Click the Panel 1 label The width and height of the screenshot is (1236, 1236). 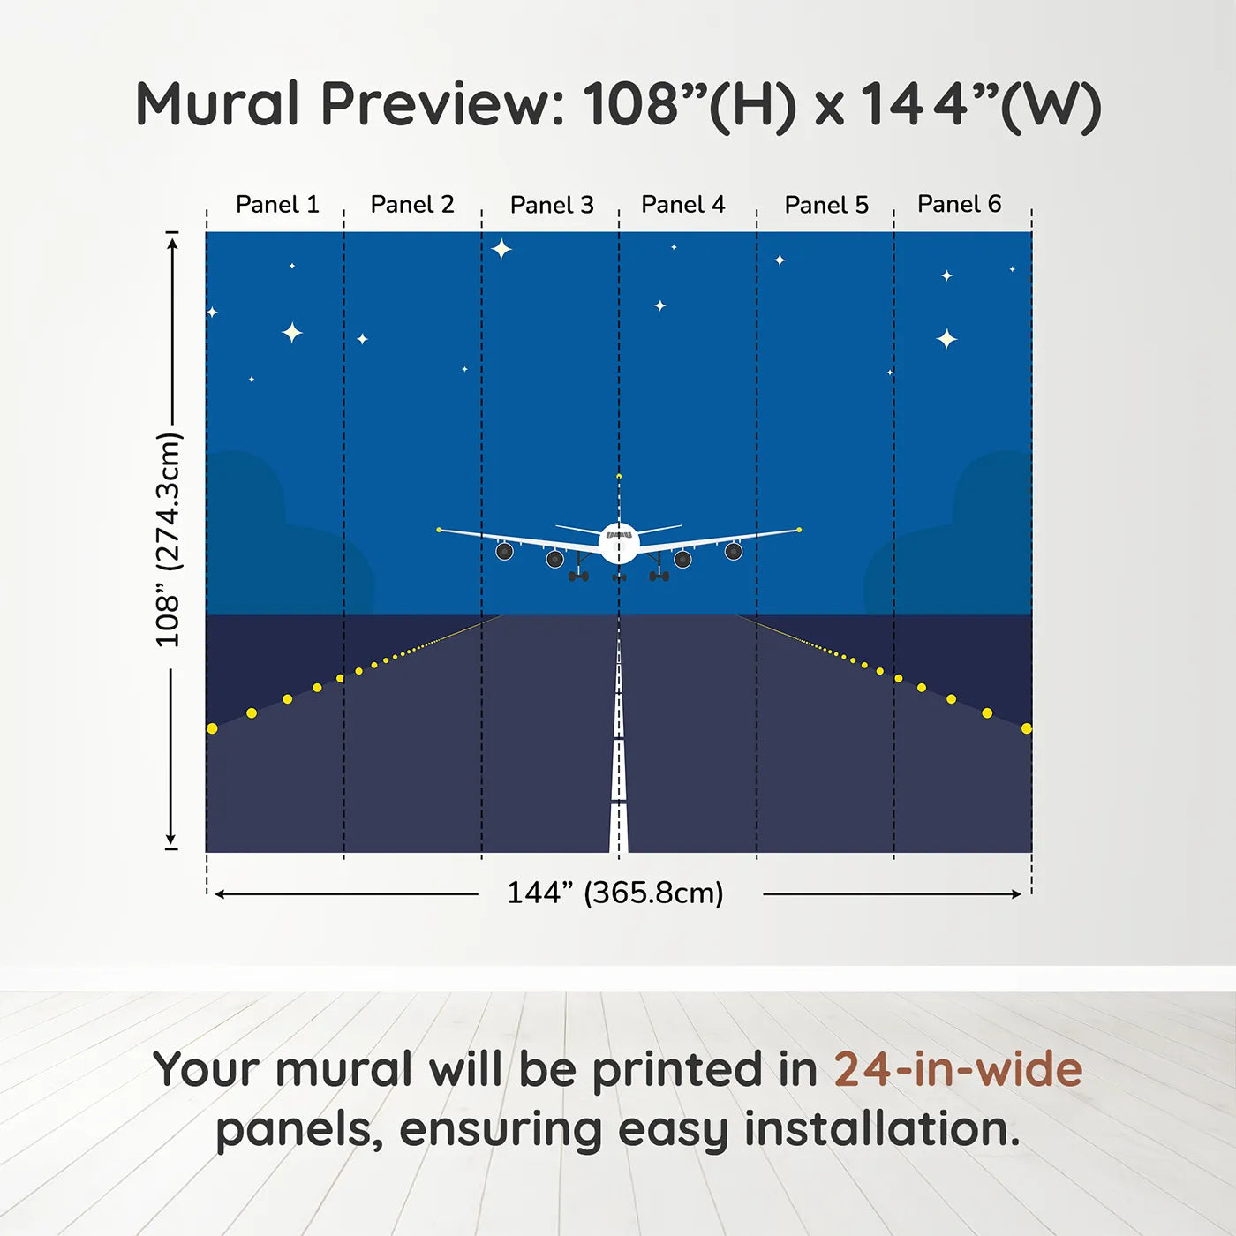click(276, 205)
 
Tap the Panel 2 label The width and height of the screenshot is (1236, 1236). click(411, 205)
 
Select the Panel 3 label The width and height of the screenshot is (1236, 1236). click(552, 206)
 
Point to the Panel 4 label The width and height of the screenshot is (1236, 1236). click(682, 205)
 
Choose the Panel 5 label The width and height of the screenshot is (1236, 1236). click(826, 206)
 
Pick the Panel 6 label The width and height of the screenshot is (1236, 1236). click(959, 205)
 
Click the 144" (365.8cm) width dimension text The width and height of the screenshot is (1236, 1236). click(614, 893)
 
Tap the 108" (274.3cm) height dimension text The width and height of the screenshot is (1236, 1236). click(168, 539)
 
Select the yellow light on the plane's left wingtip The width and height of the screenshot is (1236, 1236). click(439, 530)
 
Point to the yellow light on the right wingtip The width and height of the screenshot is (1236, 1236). click(799, 530)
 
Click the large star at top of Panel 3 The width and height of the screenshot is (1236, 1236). click(501, 249)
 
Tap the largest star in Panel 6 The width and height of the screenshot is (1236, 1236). click(946, 339)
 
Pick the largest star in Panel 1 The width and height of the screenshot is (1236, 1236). click(291, 333)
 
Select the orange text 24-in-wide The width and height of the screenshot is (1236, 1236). click(958, 1070)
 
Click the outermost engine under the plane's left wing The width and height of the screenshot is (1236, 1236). click(504, 552)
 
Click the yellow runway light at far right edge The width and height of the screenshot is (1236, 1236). click(1026, 728)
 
